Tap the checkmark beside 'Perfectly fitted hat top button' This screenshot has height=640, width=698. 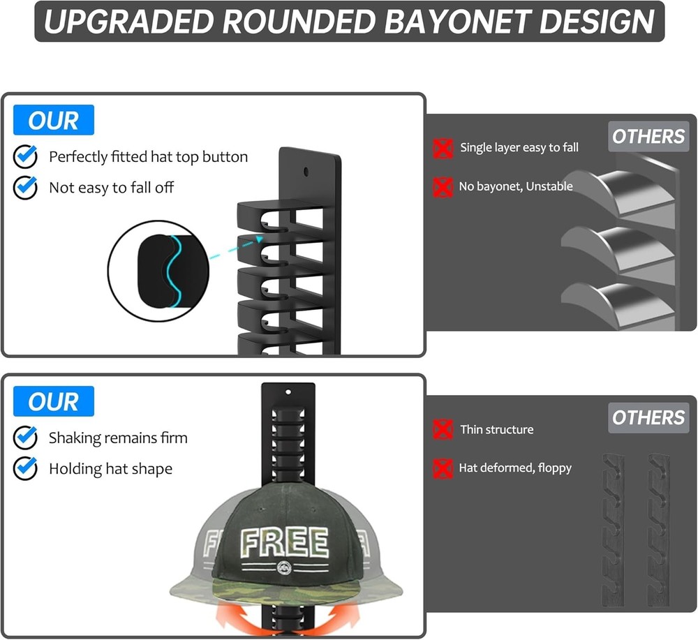click(x=26, y=157)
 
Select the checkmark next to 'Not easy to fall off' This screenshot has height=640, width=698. click(x=26, y=187)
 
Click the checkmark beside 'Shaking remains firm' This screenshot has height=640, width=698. click(x=26, y=438)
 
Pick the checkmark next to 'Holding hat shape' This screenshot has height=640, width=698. click(x=26, y=468)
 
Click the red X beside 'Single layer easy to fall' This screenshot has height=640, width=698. click(x=443, y=147)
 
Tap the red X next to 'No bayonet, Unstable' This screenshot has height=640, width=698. click(x=443, y=186)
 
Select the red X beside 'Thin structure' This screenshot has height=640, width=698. click(x=443, y=429)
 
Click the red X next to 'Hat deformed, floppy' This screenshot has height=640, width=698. click(x=443, y=468)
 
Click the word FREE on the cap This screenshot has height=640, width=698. click(x=284, y=543)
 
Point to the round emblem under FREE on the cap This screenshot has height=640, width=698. click(x=284, y=567)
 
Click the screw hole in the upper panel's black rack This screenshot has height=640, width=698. click(x=307, y=171)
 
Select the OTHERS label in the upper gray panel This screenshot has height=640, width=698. click(x=648, y=137)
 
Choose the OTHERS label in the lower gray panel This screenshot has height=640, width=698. click(x=648, y=418)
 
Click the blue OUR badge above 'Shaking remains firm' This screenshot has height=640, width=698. click(x=53, y=402)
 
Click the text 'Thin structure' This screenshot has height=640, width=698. click(x=496, y=429)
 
